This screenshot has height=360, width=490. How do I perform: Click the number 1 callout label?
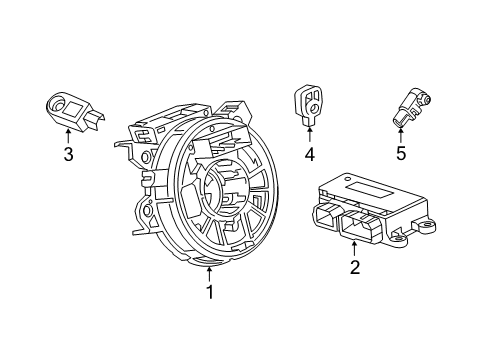coord(209,293)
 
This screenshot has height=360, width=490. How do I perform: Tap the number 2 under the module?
coord(354,267)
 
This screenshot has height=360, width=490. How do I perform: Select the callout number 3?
coord(68,154)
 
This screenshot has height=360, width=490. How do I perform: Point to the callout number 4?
coord(310,154)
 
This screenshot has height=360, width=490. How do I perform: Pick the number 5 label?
coord(401,154)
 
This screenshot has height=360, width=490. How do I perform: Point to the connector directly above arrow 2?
coord(355,228)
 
